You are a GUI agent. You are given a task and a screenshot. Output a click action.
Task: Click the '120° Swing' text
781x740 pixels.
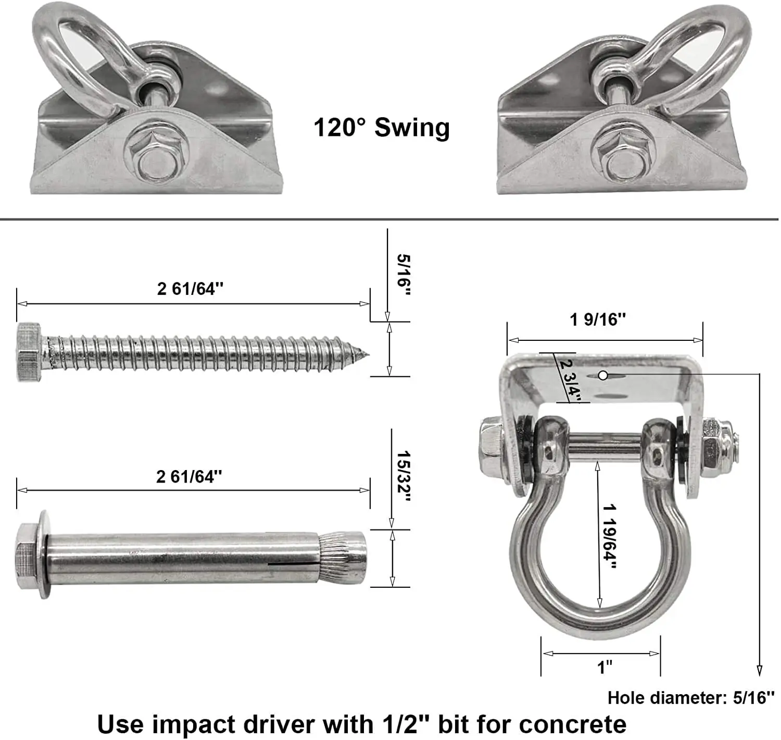[382, 128]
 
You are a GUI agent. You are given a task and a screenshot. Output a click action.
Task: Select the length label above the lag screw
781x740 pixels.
[190, 289]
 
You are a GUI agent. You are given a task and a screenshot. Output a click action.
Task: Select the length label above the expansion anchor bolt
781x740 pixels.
[189, 476]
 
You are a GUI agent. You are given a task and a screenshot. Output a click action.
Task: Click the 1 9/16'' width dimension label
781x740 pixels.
[598, 319]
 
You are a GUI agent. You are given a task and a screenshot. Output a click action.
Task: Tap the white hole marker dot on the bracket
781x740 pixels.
[603, 375]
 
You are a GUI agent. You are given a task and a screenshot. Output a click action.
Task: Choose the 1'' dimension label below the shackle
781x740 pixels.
[604, 667]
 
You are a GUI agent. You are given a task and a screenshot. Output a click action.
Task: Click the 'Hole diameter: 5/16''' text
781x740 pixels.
[691, 697]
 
